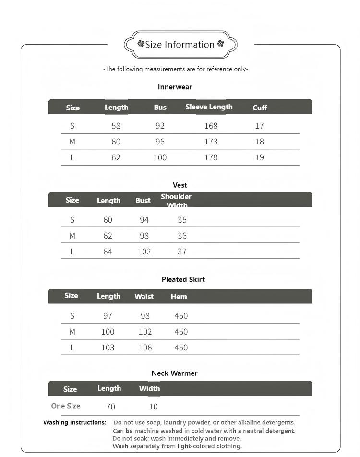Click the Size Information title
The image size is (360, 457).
180,45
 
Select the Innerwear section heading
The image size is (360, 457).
175,87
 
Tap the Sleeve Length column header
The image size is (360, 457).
209,107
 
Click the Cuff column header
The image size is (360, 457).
260,108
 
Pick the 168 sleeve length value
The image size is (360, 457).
211,126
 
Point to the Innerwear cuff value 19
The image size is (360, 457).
259,157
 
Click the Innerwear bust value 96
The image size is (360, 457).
160,142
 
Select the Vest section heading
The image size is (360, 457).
180,185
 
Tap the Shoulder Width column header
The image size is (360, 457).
176,201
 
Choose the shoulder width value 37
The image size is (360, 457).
182,252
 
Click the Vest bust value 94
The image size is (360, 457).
144,220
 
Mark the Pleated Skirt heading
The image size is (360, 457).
183,279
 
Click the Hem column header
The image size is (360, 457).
179,297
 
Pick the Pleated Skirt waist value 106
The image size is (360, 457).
145,348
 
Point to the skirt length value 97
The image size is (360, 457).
108,316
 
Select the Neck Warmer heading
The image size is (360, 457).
174,373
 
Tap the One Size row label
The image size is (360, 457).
66,406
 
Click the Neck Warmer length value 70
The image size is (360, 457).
110,407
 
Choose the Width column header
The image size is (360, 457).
149,389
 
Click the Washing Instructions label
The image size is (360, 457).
74,423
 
